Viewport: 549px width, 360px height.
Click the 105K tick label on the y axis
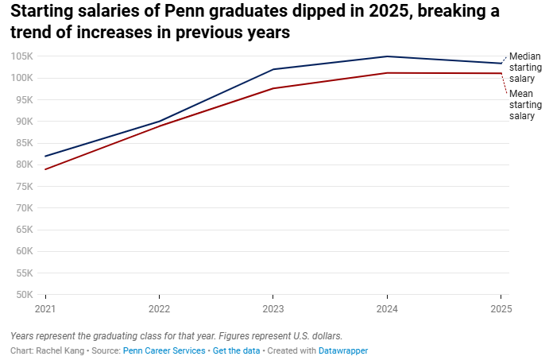pyautogui.click(x=21, y=56)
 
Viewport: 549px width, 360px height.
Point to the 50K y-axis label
pyautogui.click(x=24, y=295)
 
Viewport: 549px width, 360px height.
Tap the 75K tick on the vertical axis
pyautogui.click(x=24, y=187)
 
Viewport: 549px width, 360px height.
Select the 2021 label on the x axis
pyautogui.click(x=45, y=309)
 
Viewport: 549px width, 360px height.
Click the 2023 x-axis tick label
pyautogui.click(x=273, y=309)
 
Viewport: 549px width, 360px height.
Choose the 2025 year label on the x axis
pyautogui.click(x=501, y=309)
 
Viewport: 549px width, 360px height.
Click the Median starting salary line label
pyautogui.click(x=525, y=68)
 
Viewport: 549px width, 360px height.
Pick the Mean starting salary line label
pyautogui.click(x=525, y=105)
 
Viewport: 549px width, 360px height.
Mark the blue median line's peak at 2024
pyautogui.click(x=387, y=56)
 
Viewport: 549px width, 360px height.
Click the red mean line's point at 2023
pyautogui.click(x=273, y=88)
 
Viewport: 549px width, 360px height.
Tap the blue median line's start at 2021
pyautogui.click(x=45, y=157)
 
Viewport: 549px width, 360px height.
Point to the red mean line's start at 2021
pyautogui.click(x=45, y=169)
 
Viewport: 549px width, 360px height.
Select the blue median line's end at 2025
pyautogui.click(x=501, y=64)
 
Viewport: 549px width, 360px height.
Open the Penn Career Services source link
pyautogui.click(x=164, y=350)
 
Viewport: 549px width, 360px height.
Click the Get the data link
pyautogui.click(x=236, y=350)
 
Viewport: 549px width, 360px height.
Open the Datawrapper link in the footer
pyautogui.click(x=343, y=350)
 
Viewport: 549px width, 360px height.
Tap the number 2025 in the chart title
pyautogui.click(x=389, y=11)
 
